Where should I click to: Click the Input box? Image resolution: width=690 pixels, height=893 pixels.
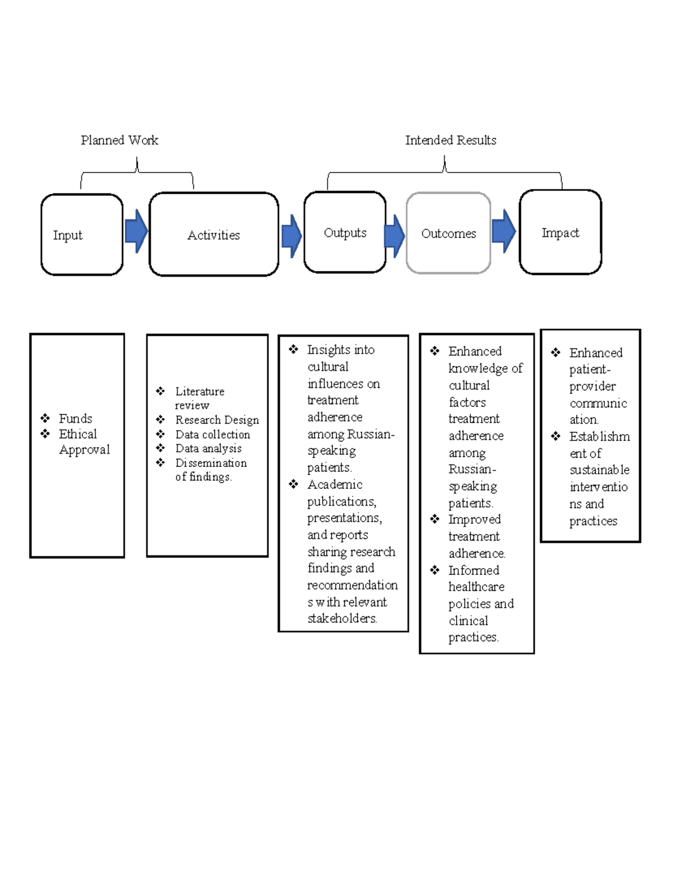click(x=82, y=235)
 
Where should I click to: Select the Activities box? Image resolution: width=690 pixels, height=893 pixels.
click(x=213, y=235)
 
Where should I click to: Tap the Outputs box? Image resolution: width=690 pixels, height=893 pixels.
click(x=345, y=232)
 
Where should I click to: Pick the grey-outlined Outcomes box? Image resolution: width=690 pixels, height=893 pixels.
click(x=448, y=233)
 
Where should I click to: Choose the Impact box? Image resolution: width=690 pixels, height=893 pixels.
click(x=560, y=232)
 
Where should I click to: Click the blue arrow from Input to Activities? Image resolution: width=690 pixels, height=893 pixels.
click(x=136, y=231)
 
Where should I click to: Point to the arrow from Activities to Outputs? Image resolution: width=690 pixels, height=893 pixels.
click(x=292, y=236)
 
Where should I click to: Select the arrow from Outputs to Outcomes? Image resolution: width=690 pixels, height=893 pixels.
click(x=394, y=236)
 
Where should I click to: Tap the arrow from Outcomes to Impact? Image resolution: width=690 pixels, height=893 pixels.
click(x=504, y=231)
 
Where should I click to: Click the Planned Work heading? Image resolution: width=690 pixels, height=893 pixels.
click(x=120, y=140)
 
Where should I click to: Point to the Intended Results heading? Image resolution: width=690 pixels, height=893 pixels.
click(x=451, y=140)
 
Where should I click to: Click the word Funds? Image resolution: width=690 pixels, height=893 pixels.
click(x=75, y=419)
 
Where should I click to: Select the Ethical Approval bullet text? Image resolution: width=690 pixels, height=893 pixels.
click(x=83, y=442)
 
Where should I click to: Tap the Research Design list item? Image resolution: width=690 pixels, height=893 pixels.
click(x=217, y=420)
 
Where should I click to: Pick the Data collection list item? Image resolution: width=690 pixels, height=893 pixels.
click(x=213, y=434)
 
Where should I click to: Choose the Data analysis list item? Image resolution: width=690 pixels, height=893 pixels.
click(x=208, y=449)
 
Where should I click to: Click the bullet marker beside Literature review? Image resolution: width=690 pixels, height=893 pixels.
click(x=160, y=391)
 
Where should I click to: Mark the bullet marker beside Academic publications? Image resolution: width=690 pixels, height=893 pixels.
click(x=294, y=484)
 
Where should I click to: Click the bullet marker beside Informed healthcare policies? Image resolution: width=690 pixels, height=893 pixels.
click(x=435, y=570)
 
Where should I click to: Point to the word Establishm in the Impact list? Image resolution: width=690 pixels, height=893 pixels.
click(x=599, y=436)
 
